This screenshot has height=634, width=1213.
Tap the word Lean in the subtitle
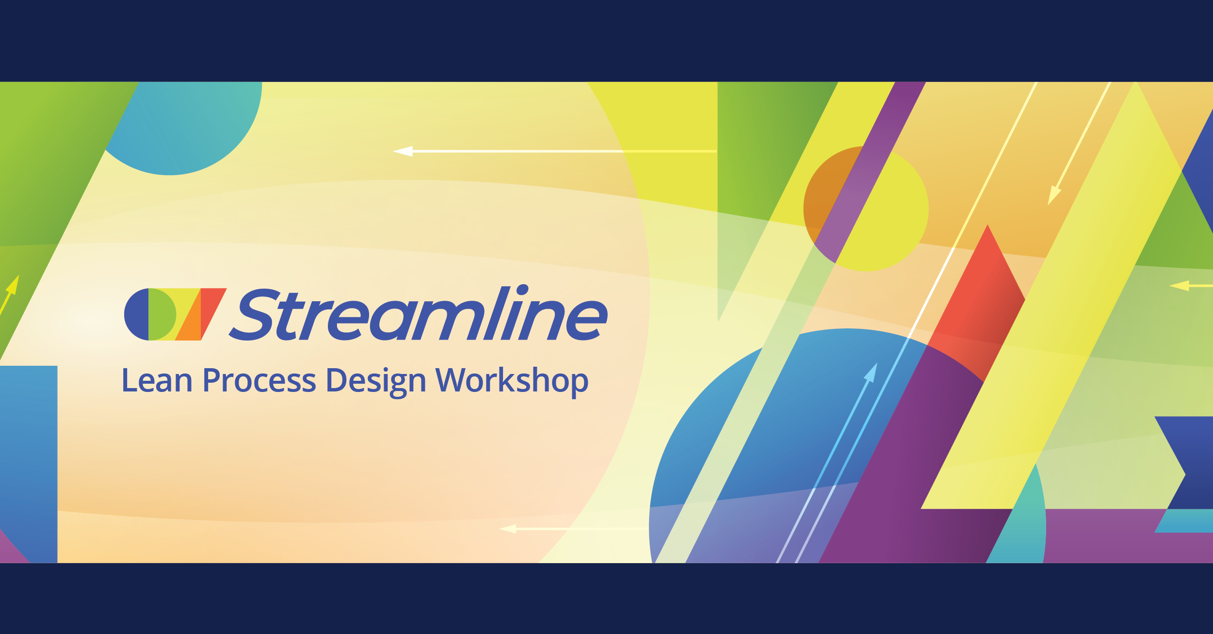[157, 380]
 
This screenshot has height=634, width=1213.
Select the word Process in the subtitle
[259, 381]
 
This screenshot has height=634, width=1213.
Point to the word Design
[375, 381]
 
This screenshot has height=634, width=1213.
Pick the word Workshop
[512, 381]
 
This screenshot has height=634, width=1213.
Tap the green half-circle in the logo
[161, 314]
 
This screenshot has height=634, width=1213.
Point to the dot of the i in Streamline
[522, 290]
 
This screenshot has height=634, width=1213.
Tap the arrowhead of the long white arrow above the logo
[404, 151]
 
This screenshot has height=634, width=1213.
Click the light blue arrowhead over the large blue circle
[872, 373]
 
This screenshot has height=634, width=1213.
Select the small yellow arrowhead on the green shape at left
[13, 286]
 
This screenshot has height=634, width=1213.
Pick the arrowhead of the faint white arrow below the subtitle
[508, 528]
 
